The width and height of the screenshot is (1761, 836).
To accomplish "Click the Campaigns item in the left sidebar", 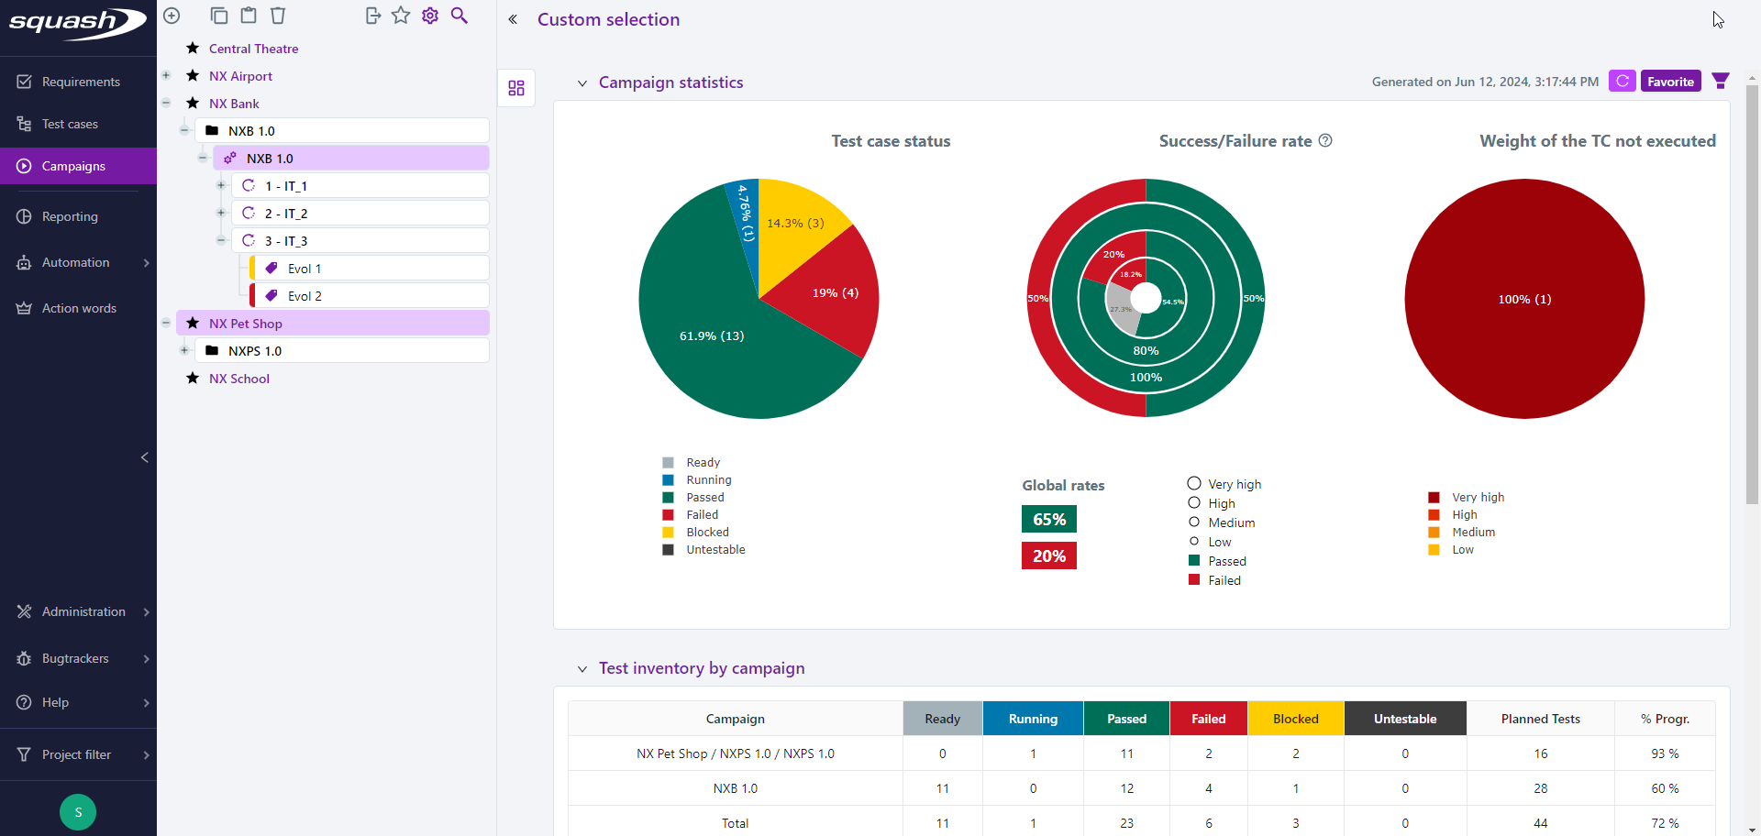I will (x=73, y=166).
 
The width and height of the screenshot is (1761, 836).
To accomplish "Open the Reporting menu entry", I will (x=70, y=216).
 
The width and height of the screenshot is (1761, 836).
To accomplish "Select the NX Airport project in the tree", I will (x=240, y=76).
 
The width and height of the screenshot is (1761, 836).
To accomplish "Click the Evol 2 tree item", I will (x=305, y=296).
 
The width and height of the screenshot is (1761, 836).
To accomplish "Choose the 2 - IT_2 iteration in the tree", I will (x=286, y=214).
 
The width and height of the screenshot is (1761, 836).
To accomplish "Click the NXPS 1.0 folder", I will (x=255, y=351).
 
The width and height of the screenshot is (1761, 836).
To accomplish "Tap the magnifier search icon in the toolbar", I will (x=460, y=16).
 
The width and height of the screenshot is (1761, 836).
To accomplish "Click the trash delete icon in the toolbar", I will (x=278, y=16).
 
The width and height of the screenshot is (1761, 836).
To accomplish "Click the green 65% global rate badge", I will (x=1048, y=519).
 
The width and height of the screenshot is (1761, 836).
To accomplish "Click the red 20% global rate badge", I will (x=1048, y=555).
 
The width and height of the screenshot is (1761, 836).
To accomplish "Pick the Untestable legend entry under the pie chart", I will (x=714, y=550).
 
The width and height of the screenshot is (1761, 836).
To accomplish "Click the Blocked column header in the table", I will (x=1295, y=719).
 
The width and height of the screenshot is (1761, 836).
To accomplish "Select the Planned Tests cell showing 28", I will (x=1540, y=788).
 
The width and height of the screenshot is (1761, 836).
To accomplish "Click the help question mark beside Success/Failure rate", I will (x=1325, y=140).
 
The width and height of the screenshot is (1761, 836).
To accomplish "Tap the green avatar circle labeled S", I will (x=78, y=812).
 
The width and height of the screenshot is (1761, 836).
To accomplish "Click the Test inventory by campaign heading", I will (x=701, y=668).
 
